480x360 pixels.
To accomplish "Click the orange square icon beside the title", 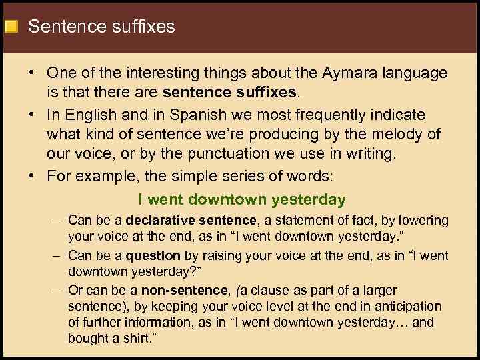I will click(11, 27).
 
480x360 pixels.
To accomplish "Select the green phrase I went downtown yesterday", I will click(242, 199).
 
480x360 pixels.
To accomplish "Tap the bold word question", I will click(153, 255).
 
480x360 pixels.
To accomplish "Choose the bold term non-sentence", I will click(193, 291).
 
